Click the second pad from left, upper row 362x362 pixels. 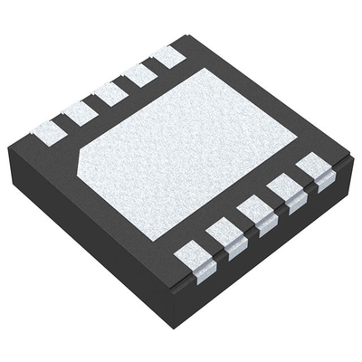point(79,111)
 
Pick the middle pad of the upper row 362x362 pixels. point(110,92)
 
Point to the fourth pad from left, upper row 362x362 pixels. point(139,74)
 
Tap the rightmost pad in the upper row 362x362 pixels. point(168,56)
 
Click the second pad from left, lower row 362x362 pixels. point(223,235)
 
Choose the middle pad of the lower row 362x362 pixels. point(253,214)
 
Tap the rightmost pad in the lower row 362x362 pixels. point(312,168)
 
